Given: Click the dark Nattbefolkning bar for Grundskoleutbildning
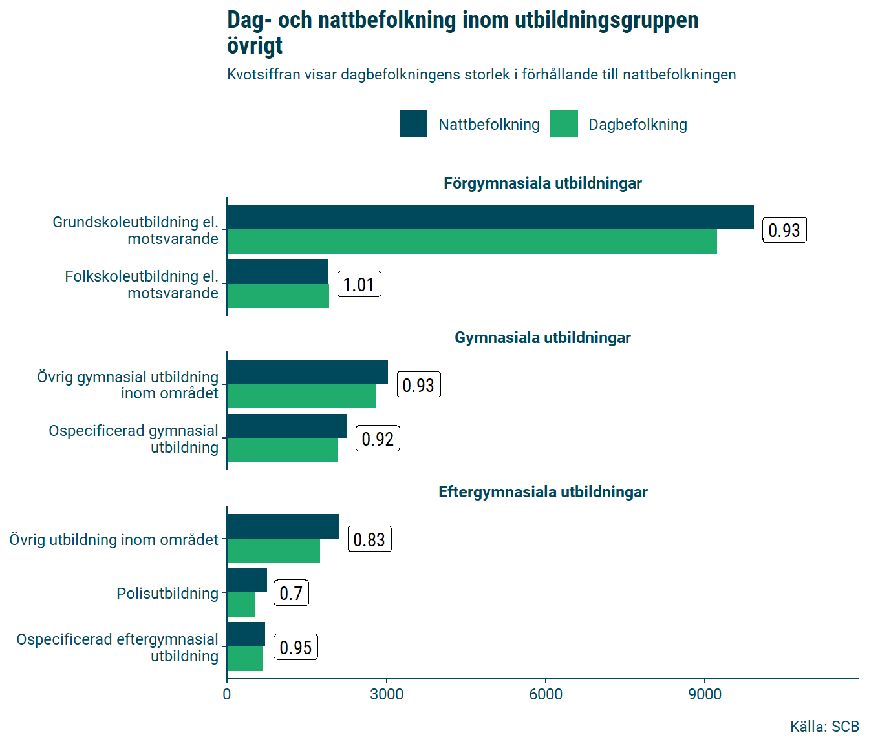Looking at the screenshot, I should (x=490, y=218).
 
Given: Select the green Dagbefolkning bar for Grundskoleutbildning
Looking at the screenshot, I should (x=472, y=242).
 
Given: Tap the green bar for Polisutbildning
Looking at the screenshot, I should (x=241, y=604).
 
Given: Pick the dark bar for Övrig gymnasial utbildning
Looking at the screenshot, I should (x=307, y=372).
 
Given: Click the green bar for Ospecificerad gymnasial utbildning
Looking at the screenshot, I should (x=282, y=450).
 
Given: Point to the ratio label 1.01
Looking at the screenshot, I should (x=359, y=284).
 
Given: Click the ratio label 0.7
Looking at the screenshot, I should (x=291, y=593).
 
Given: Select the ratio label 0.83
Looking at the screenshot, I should (x=369, y=539).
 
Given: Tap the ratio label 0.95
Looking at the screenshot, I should (x=295, y=647).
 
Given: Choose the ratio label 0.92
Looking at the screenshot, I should (x=378, y=439).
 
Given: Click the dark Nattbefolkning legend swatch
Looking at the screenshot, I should (x=414, y=124).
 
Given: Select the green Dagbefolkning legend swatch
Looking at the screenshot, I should (x=564, y=124).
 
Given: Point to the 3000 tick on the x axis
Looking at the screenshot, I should (x=387, y=694).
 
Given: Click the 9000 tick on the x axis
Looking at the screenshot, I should (x=705, y=694).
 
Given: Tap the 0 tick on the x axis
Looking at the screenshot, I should (x=227, y=694).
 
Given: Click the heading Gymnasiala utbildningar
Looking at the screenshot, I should (x=542, y=338).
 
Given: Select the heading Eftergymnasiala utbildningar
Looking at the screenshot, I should (x=542, y=492).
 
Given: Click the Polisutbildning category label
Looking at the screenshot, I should (x=167, y=594).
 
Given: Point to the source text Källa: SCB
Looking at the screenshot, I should (x=824, y=727).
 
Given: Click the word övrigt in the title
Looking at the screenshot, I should (x=255, y=46).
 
